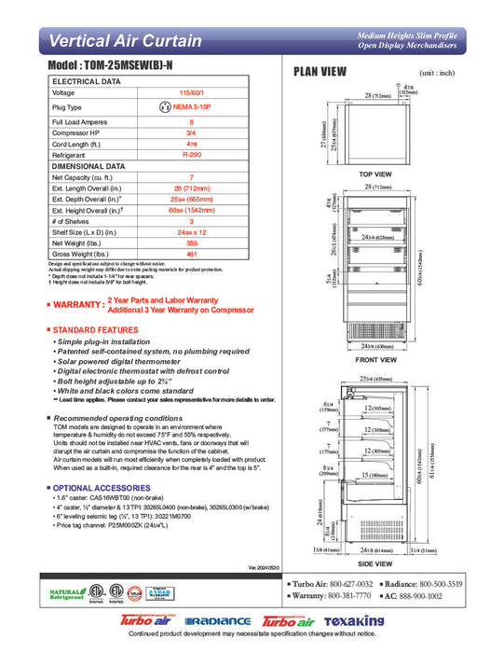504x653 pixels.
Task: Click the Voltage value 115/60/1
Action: tap(192, 93)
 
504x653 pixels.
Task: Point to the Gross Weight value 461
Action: tap(192, 253)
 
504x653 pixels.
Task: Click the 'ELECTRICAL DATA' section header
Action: tap(86, 82)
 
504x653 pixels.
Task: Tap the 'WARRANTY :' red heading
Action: tap(75, 304)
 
